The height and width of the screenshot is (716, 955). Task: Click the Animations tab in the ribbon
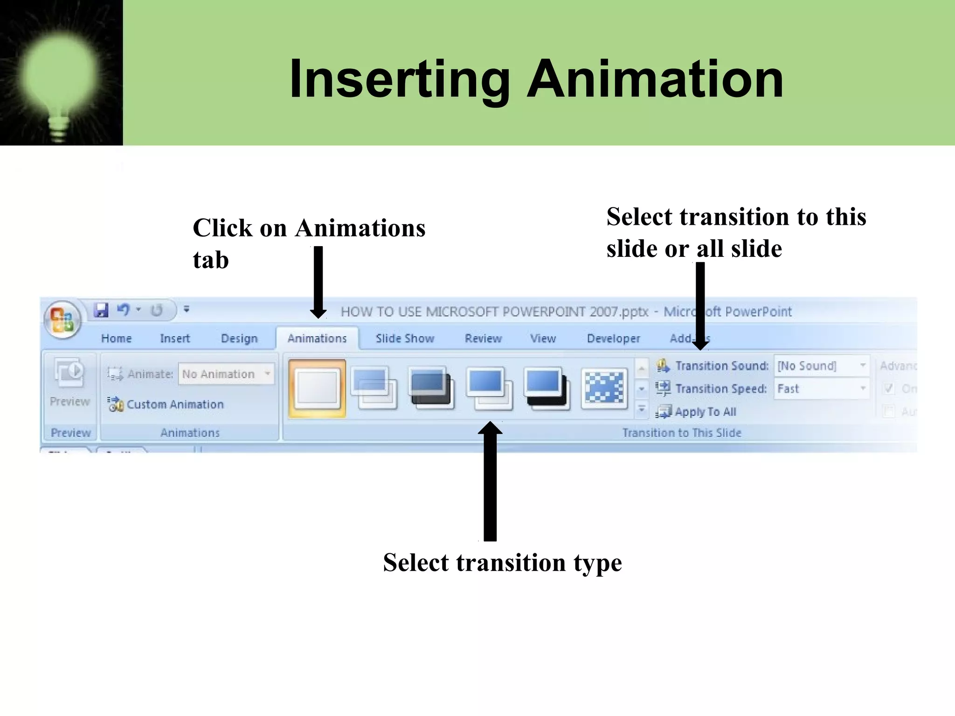point(317,338)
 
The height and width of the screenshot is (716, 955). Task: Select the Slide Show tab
point(405,338)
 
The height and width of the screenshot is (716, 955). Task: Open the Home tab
point(116,338)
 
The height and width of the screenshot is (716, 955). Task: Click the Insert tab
point(175,338)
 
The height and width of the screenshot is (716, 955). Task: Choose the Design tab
point(239,338)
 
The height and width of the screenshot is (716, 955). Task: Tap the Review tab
point(483,338)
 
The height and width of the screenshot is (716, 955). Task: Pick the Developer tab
point(613,338)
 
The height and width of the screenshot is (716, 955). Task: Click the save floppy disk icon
point(101,310)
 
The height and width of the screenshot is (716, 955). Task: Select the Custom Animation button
point(166,404)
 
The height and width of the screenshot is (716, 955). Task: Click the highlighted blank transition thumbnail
point(318,388)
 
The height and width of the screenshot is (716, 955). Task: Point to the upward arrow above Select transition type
point(490,480)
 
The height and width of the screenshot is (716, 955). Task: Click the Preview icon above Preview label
point(69,372)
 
